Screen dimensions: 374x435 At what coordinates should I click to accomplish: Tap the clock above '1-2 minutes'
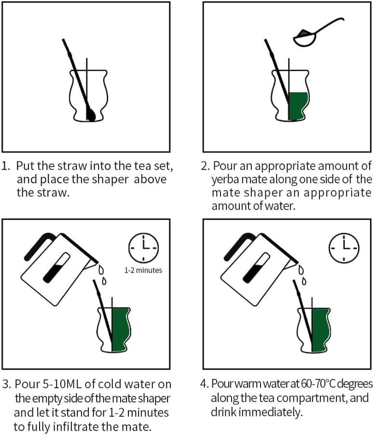point(143,248)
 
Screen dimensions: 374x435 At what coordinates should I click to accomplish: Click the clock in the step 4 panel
point(344,248)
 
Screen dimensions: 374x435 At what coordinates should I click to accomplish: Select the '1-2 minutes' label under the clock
point(143,270)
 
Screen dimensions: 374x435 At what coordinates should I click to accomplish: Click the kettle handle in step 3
point(40,246)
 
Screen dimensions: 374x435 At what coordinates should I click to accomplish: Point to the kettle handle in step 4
point(239,246)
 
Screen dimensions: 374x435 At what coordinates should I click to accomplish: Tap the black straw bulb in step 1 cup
point(91,114)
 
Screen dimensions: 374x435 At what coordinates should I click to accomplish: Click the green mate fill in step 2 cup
point(298,106)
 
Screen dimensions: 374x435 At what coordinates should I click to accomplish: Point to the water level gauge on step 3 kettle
point(56,268)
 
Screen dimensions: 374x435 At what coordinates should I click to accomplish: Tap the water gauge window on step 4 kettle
point(256,268)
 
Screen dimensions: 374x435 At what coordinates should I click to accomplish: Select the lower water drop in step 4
point(304,281)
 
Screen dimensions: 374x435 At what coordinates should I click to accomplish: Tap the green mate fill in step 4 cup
point(320,330)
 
